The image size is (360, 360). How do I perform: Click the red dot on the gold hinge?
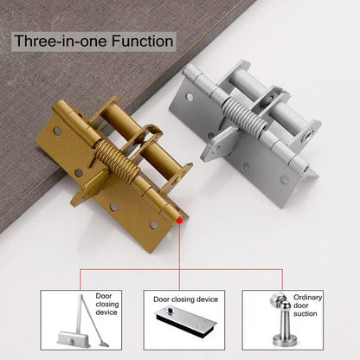pyautogui.click(x=179, y=221)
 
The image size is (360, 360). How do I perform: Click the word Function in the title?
pyautogui.click(x=142, y=41)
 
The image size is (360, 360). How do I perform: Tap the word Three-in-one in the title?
pyautogui.click(x=61, y=41)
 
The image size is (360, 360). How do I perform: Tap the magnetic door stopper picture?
pyautogui.click(x=285, y=319)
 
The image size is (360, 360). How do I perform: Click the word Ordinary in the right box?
pyautogui.click(x=307, y=298)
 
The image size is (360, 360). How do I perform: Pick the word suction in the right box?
pyautogui.click(x=305, y=313)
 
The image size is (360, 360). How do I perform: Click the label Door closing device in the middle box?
pyautogui.click(x=185, y=299)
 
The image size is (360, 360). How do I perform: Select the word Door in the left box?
pyautogui.click(x=104, y=296)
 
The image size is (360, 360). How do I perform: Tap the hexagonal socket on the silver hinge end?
pyautogui.click(x=310, y=133)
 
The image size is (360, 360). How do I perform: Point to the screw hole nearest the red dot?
pyautogui.click(x=154, y=225)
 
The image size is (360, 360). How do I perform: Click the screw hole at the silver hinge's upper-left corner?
pyautogui.click(x=190, y=97)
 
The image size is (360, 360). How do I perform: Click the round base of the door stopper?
pyautogui.click(x=285, y=341)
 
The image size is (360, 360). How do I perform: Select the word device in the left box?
pyautogui.click(x=106, y=312)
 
